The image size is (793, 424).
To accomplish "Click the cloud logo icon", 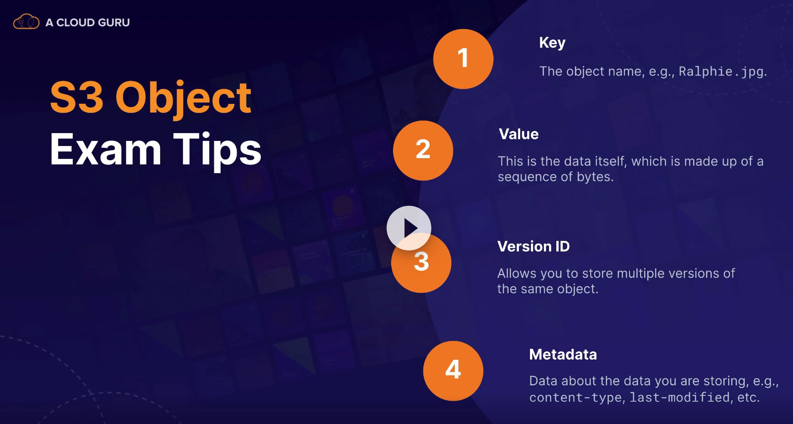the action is point(26,21).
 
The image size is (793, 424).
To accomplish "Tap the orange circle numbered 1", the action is point(463,59).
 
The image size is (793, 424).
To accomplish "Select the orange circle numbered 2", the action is point(423,150).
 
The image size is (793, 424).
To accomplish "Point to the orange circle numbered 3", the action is point(421,263).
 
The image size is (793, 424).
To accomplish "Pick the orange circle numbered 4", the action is point(453,371).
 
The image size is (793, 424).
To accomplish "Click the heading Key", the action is point(552,43).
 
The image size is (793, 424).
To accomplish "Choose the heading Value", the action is point(518,134).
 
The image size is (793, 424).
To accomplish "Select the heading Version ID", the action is point(534,247).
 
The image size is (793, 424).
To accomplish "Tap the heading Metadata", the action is point(563,354).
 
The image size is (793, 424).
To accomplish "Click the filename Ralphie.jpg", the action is point(721,71).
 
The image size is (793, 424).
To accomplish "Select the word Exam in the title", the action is point(105,149).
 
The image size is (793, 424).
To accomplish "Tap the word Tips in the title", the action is point(217,150).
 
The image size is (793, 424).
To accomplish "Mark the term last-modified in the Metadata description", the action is point(680,397).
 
